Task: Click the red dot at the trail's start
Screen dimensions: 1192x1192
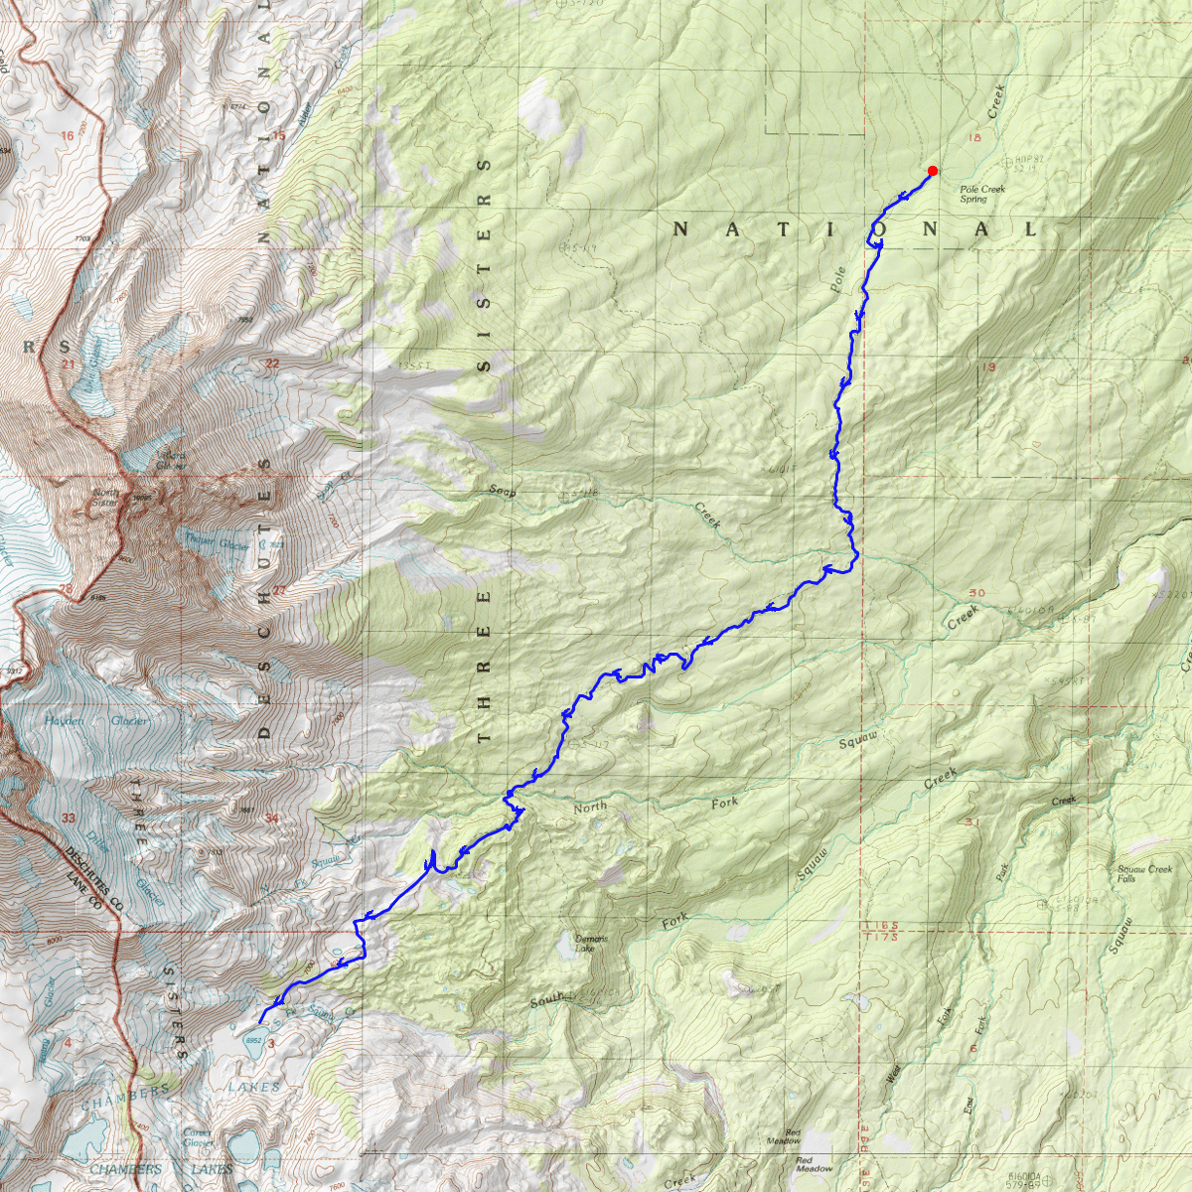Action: click(932, 171)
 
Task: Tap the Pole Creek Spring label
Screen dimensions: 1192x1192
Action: click(981, 194)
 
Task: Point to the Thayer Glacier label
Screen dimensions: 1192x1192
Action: click(216, 542)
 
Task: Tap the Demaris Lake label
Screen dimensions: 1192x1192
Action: click(592, 943)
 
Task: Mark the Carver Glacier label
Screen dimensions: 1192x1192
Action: click(198, 1137)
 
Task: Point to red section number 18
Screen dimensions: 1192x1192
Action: click(974, 137)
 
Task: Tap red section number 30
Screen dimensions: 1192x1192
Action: click(976, 593)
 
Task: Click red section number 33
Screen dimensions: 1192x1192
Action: click(68, 818)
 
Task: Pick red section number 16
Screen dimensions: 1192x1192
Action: click(68, 136)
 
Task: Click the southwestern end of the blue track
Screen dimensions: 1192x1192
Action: click(260, 1022)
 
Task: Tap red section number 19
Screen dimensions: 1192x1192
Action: click(987, 368)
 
